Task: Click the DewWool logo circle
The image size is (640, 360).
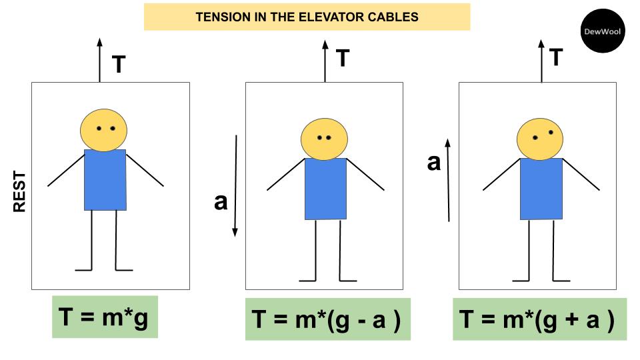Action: pyautogui.click(x=603, y=31)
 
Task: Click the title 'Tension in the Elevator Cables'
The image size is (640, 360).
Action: pyautogui.click(x=307, y=17)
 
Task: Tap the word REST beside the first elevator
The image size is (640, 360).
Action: pyautogui.click(x=20, y=192)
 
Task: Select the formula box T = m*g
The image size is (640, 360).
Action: pyautogui.click(x=105, y=317)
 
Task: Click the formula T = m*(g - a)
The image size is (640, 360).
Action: pyautogui.click(x=327, y=320)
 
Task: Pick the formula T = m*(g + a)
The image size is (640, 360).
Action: pyautogui.click(x=539, y=320)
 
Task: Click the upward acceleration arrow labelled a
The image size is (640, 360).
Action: pyautogui.click(x=449, y=180)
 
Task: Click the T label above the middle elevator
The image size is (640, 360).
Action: pyautogui.click(x=343, y=58)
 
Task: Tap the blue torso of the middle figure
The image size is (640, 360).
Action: pyautogui.click(x=325, y=189)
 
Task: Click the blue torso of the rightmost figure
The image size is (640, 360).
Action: pyautogui.click(x=541, y=189)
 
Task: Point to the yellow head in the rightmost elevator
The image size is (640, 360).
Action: pyautogui.click(x=539, y=139)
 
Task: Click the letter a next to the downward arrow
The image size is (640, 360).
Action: pyautogui.click(x=221, y=201)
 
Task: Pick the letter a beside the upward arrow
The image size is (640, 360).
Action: pyautogui.click(x=434, y=162)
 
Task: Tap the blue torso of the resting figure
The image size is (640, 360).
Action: pyautogui.click(x=105, y=180)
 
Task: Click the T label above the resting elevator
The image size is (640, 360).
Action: pyautogui.click(x=119, y=65)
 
